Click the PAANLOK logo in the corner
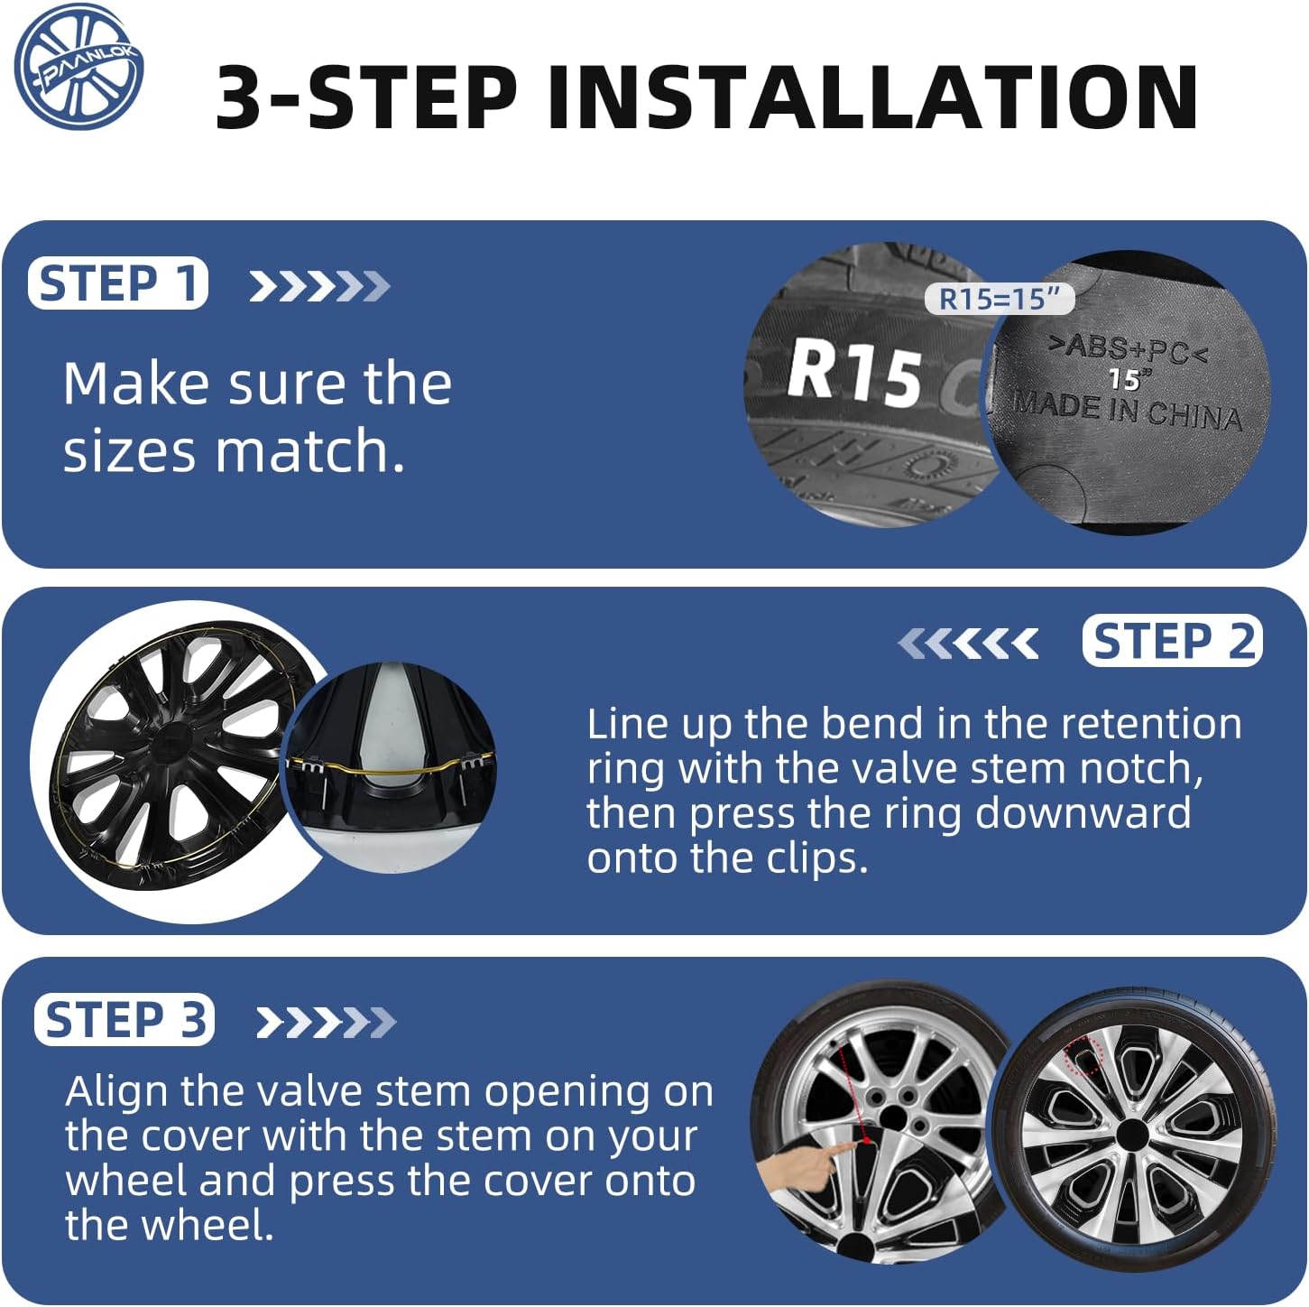78,67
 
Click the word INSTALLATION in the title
872,97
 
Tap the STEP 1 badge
117,283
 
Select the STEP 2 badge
1173,640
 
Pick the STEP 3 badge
124,1019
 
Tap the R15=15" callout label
1000,299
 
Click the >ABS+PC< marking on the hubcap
1128,349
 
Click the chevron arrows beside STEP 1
320,285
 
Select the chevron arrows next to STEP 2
968,643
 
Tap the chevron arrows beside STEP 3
326,1022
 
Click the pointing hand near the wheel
804,1167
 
